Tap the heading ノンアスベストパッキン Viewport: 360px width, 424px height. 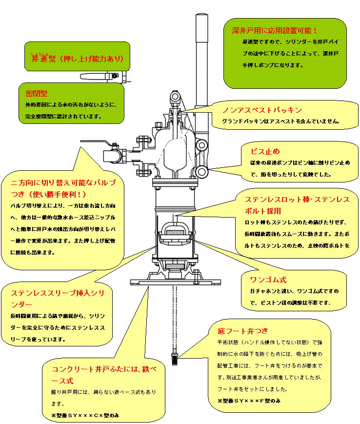pos(262,110)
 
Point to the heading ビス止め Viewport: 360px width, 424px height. pos(265,151)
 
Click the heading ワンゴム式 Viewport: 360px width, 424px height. pos(268,280)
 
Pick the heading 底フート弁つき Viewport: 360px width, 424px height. pos(243,331)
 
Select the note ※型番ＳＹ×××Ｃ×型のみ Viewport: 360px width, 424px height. pos(85,415)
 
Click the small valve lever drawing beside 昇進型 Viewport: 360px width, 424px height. pos(103,77)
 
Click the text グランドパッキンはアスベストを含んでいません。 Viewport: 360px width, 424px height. pos(280,121)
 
